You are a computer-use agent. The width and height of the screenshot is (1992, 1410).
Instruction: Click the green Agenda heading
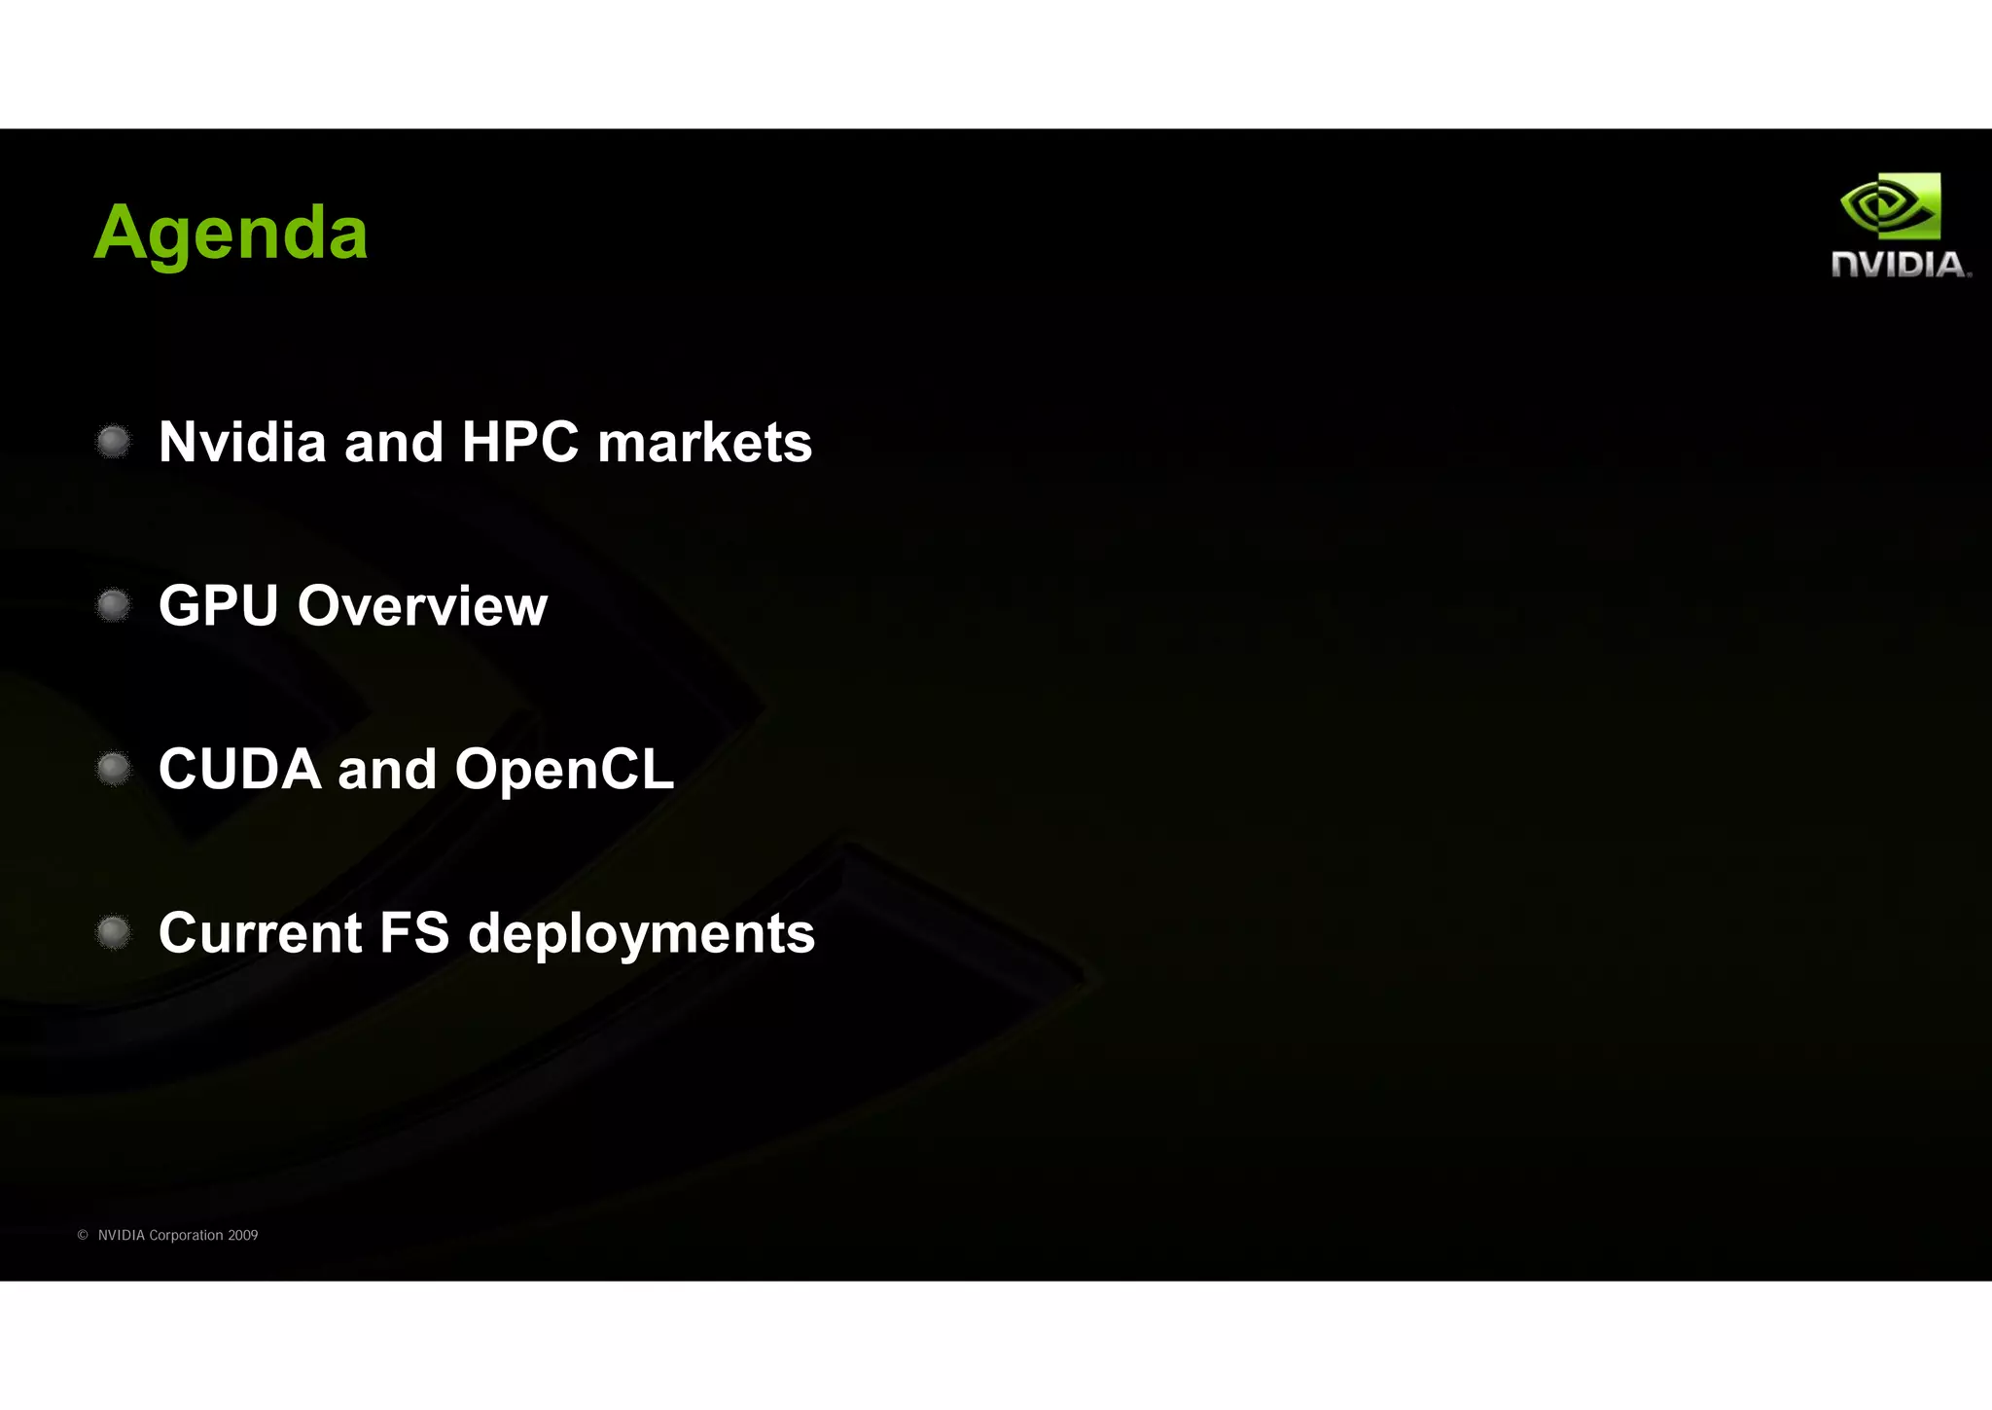point(231,234)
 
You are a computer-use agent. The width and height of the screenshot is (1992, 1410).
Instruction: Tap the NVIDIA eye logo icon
point(1890,206)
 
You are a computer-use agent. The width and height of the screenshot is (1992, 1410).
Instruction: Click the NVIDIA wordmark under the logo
point(1900,265)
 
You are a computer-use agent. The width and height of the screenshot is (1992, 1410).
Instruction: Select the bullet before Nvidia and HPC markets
point(114,442)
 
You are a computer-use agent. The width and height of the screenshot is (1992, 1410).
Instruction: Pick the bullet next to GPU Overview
point(114,605)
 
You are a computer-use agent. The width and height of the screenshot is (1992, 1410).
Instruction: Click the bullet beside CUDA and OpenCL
point(114,769)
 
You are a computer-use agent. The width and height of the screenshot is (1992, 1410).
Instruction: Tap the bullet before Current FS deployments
point(114,932)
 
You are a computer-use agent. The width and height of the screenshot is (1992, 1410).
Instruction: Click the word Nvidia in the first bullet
point(242,442)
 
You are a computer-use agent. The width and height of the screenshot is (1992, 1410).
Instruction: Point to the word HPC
point(520,442)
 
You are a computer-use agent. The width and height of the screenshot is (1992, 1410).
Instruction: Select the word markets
point(704,442)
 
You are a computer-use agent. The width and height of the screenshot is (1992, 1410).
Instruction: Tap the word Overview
point(422,605)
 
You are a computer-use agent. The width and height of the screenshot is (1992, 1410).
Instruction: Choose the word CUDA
point(239,769)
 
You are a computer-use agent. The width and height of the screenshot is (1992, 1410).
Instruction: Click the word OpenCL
point(564,769)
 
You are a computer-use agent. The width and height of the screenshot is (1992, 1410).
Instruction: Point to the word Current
point(261,932)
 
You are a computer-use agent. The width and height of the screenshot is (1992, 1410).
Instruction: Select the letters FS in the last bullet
point(414,932)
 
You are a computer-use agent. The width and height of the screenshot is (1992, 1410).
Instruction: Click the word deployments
point(642,934)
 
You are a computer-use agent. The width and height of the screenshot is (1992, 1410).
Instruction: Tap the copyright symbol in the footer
point(83,1235)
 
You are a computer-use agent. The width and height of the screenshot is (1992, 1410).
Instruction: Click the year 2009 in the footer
point(242,1235)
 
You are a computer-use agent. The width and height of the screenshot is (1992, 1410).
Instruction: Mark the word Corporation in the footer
point(186,1235)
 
